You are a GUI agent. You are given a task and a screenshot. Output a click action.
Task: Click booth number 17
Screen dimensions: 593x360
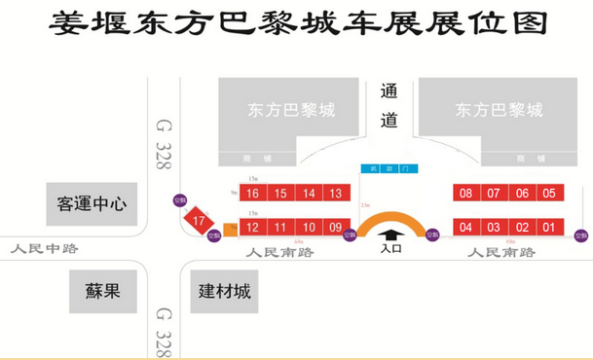(200, 222)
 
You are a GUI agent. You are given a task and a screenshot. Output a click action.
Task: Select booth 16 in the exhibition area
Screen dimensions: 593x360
(252, 194)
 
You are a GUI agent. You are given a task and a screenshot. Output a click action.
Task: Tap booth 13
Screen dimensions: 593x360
(336, 194)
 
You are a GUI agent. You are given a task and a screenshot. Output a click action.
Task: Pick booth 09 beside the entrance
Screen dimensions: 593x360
(336, 228)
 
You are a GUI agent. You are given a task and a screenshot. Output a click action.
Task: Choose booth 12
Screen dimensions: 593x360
(252, 228)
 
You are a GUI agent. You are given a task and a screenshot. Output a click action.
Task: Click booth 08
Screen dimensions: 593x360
(465, 194)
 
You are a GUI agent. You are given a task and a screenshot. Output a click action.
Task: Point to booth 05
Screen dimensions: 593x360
(549, 194)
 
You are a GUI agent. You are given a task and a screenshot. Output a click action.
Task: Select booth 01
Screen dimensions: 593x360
(549, 228)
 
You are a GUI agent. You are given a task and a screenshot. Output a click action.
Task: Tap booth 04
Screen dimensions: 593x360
(465, 228)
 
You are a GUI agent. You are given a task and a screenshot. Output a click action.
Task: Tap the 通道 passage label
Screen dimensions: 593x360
(390, 106)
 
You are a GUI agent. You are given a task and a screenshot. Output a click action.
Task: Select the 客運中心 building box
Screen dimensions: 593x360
(93, 204)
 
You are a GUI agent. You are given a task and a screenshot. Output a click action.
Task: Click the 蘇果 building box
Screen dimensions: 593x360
(100, 291)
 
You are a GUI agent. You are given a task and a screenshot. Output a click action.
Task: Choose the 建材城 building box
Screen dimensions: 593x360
(225, 291)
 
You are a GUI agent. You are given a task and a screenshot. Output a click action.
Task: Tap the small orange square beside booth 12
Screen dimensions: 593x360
(230, 230)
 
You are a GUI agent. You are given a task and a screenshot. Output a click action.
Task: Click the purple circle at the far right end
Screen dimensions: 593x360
(581, 234)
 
